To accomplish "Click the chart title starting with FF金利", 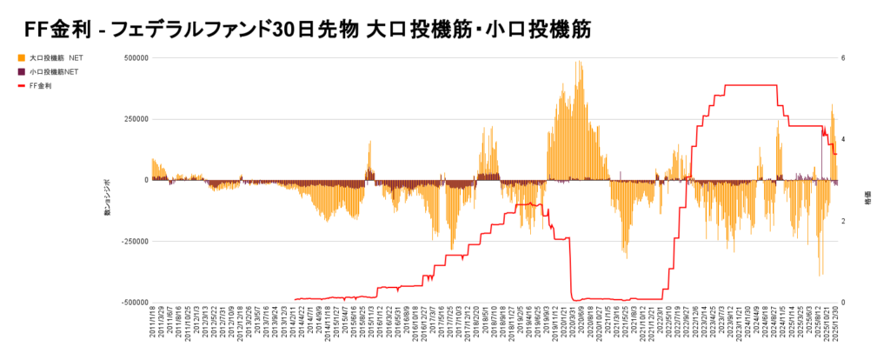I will coord(309,29).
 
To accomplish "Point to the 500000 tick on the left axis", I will coord(136,58).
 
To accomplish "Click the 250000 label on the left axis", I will coord(136,119).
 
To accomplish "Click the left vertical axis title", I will coord(107,198).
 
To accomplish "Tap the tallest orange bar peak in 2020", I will coord(579,63).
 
